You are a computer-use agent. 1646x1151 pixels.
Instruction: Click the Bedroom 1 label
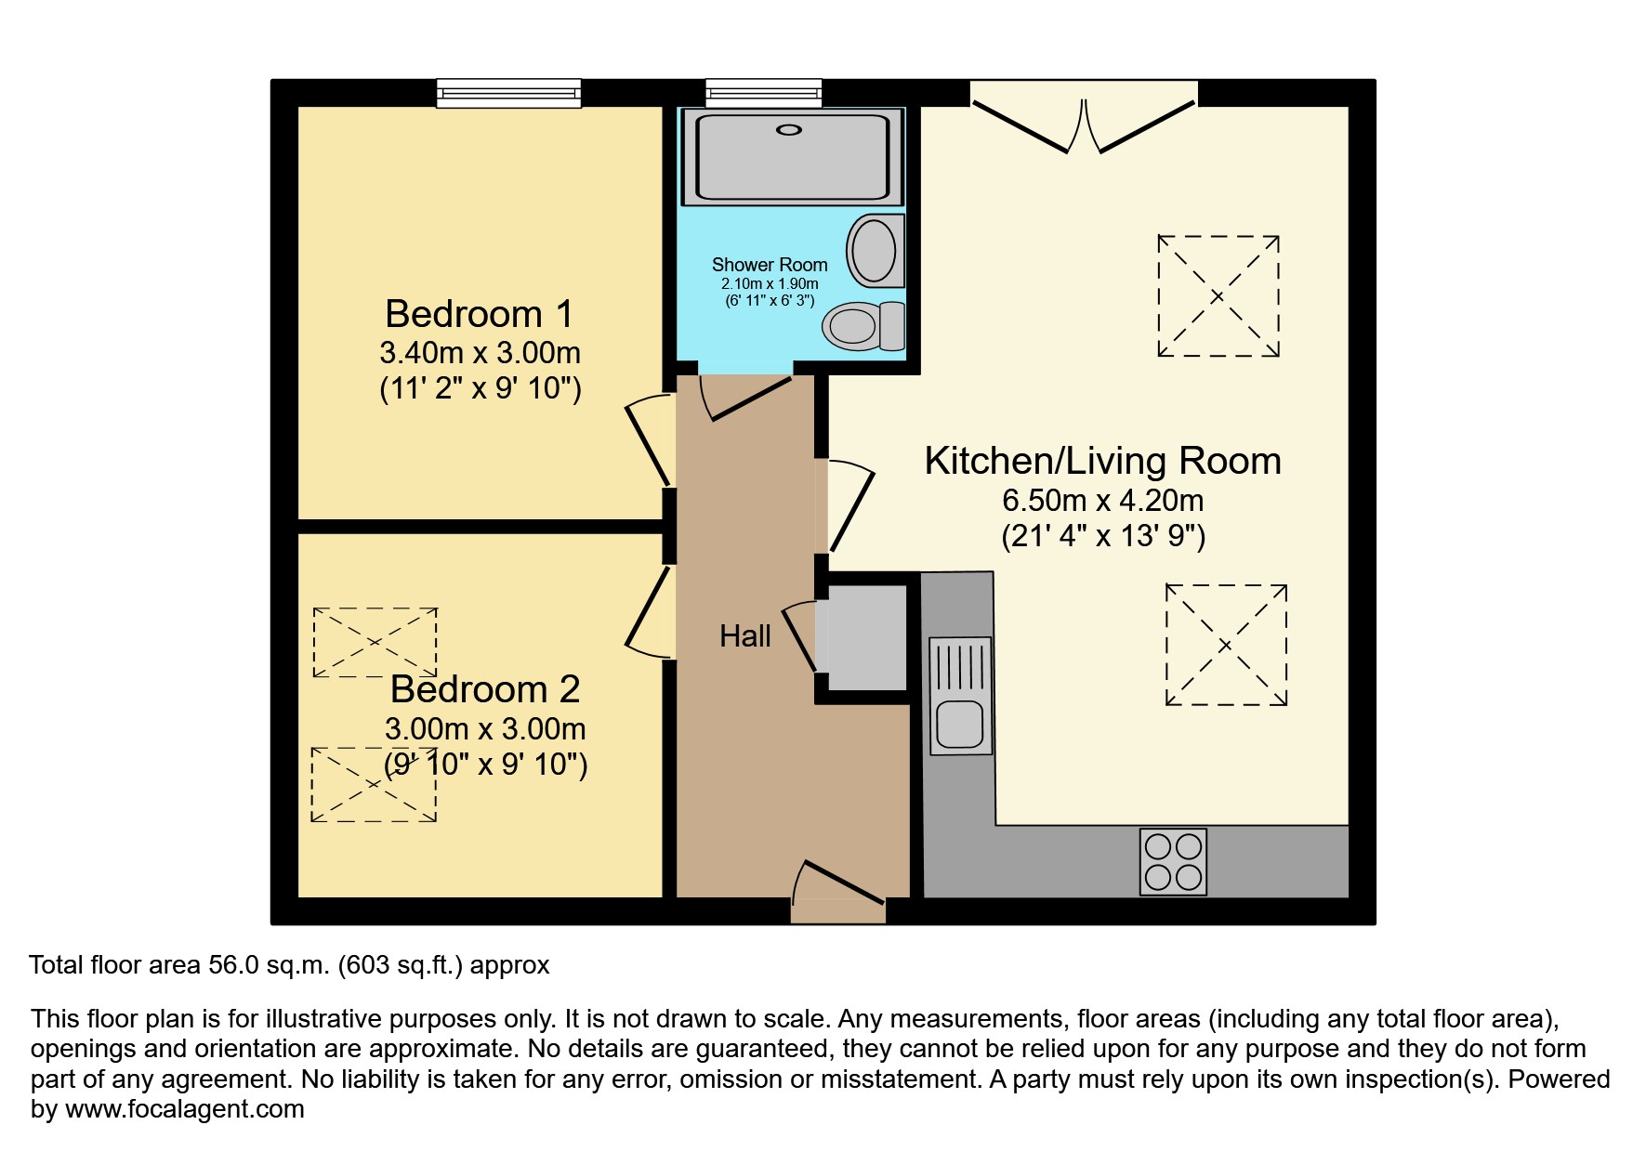tap(479, 314)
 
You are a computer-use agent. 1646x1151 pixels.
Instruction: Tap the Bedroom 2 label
tap(485, 689)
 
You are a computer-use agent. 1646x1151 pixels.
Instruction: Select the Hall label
tap(745, 636)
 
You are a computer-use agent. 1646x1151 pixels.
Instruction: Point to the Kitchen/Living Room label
tap(1102, 461)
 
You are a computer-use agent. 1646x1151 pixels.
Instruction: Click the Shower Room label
tap(770, 265)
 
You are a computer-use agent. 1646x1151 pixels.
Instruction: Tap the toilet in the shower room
tap(864, 325)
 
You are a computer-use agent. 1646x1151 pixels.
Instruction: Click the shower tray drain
tap(789, 130)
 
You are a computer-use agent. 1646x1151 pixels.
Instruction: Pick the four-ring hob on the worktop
tap(1173, 862)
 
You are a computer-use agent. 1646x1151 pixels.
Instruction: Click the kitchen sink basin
tap(959, 725)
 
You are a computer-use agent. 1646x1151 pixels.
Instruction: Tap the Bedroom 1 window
tap(509, 93)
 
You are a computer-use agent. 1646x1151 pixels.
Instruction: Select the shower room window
tap(764, 92)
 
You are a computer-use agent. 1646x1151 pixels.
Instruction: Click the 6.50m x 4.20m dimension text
tap(1102, 501)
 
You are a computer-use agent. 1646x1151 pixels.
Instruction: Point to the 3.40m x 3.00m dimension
tap(480, 353)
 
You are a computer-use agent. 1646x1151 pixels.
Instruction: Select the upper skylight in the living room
tap(1218, 296)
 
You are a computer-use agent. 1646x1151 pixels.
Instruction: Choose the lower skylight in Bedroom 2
tap(374, 784)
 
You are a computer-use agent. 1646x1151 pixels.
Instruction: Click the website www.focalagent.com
tap(184, 1109)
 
